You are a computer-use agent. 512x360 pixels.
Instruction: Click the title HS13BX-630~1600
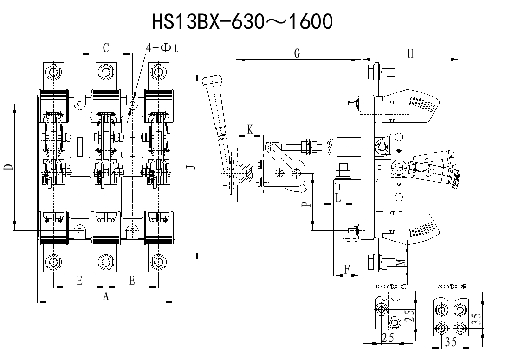(242, 21)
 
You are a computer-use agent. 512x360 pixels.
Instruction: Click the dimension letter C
(106, 48)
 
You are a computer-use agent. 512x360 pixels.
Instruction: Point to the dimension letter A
(106, 297)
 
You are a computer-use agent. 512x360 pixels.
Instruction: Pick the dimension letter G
(297, 53)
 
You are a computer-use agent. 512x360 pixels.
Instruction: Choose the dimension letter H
(410, 53)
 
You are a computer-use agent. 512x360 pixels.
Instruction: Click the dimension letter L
(338, 198)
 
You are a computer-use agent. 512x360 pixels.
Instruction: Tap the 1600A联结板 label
(451, 287)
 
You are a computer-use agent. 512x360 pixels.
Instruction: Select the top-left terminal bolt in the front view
(53, 72)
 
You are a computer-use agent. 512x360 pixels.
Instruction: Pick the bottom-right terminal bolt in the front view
(159, 263)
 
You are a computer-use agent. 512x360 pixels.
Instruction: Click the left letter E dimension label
(79, 280)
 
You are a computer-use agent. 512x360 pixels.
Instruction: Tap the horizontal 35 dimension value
(451, 342)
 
